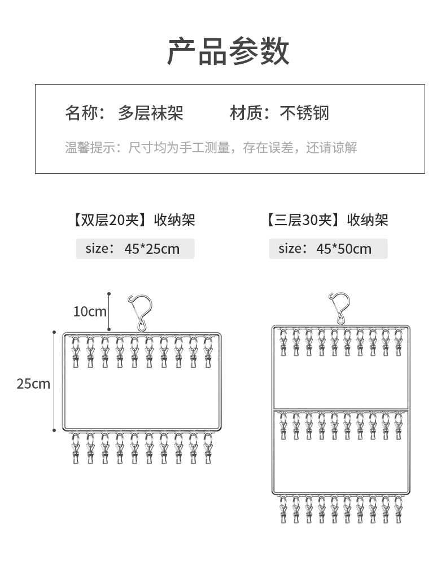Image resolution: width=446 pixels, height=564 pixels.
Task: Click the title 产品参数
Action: click(228, 51)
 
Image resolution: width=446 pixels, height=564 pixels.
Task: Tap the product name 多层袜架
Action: click(151, 113)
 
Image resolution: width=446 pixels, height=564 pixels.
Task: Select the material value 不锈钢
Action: click(304, 113)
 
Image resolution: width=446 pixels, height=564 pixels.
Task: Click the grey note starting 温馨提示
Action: click(211, 148)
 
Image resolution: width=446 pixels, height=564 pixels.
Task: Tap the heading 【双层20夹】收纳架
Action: click(134, 220)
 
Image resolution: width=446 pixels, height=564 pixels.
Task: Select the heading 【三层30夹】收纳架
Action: click(327, 220)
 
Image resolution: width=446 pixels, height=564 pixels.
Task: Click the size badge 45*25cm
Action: click(135, 249)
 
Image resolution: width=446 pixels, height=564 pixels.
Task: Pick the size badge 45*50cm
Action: click(328, 249)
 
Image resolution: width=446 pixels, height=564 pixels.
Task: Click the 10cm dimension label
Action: click(90, 311)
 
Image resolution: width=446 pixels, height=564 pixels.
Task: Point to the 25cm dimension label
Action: click(33, 384)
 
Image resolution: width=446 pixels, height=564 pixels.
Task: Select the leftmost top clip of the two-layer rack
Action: click(76, 352)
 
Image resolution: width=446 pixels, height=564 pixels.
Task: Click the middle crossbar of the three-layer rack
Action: click(340, 408)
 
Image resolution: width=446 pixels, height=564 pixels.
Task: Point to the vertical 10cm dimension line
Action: click(109, 311)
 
